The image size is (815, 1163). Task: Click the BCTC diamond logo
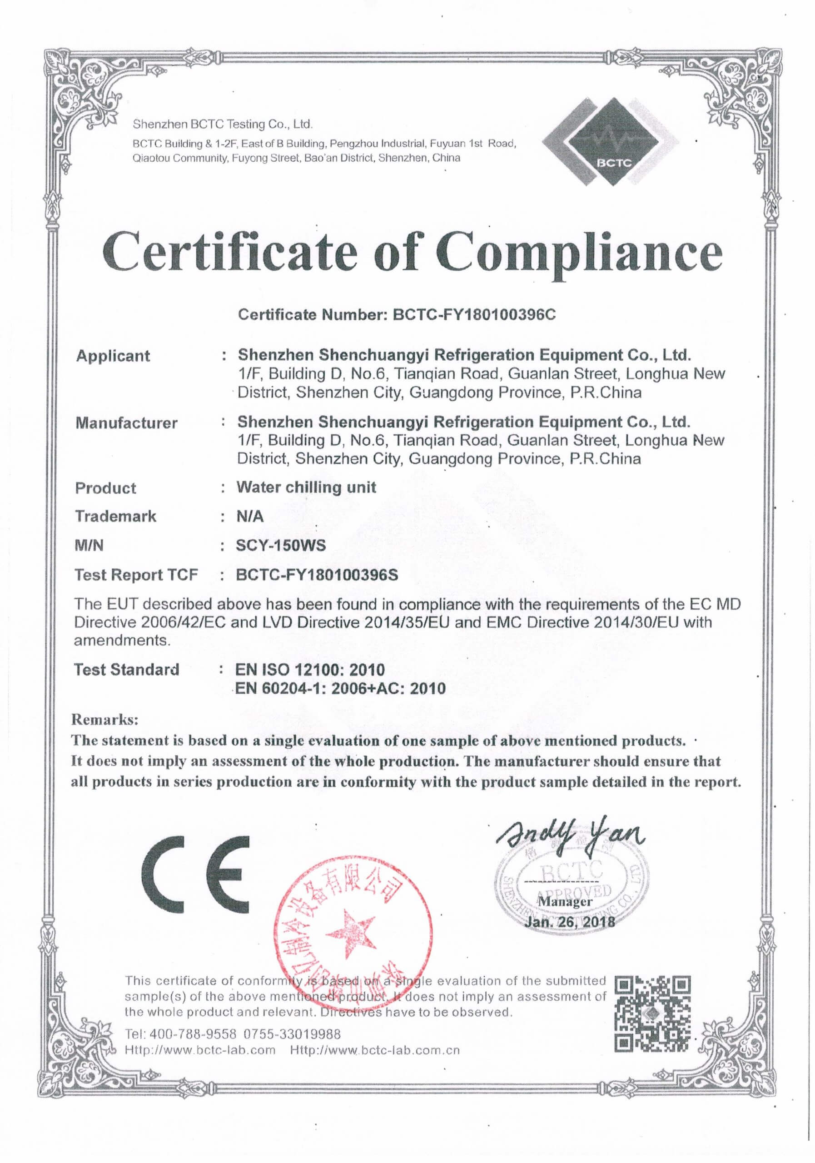coord(611,142)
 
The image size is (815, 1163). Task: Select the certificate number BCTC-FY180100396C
coord(474,315)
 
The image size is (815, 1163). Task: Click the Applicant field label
coord(113,356)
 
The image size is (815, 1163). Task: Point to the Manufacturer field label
coord(127,423)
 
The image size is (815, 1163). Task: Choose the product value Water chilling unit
coord(306,487)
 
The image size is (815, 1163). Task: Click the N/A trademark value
coord(250,516)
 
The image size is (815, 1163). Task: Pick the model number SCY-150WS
coord(281,546)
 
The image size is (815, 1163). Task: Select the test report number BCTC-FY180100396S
coord(317,575)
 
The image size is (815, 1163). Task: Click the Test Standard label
coord(127,670)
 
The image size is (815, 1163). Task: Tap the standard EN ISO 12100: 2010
coord(310,670)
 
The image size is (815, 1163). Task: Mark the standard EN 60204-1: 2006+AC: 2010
coord(340,688)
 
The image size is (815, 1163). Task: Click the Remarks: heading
coord(105,719)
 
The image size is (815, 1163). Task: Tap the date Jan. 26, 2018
coord(570,921)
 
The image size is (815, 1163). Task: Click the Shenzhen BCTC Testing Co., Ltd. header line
coord(222,124)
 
